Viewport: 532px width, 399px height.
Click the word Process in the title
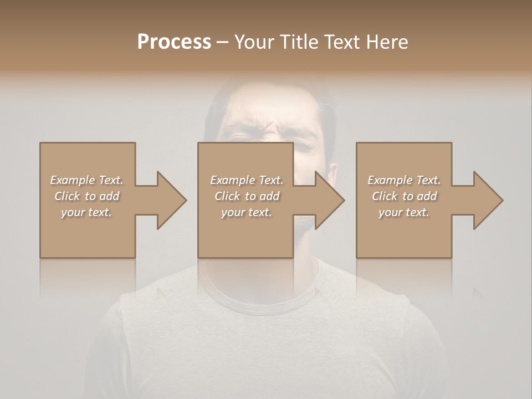point(174,42)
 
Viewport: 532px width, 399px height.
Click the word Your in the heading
point(254,42)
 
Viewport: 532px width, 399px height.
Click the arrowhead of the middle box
point(329,200)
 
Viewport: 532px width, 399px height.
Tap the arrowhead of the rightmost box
point(488,200)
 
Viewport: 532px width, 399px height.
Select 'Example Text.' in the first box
point(86,180)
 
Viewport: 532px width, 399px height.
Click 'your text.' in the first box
point(86,212)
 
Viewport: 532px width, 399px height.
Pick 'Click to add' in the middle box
point(247,196)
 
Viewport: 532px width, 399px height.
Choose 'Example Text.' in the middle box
point(247,180)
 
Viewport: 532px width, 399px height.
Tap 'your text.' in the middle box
point(247,212)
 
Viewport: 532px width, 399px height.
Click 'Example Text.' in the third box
point(404,180)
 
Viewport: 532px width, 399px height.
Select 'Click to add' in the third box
point(404,196)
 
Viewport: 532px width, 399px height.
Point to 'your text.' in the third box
point(404,212)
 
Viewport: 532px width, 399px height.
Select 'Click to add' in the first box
point(86,196)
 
